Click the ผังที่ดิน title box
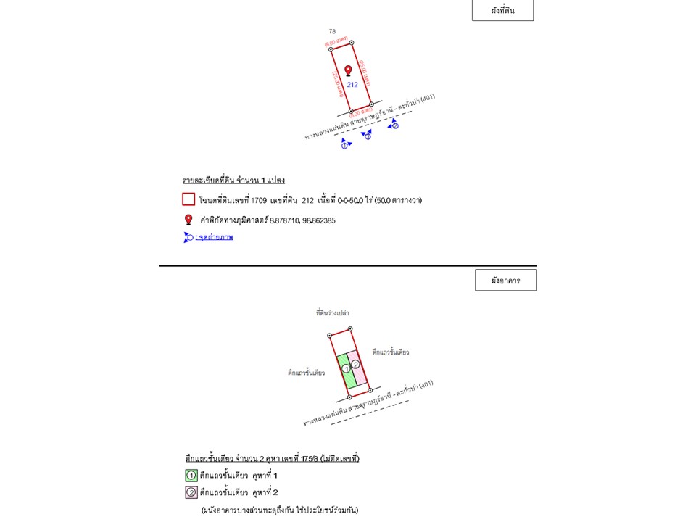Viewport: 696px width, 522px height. coord(502,10)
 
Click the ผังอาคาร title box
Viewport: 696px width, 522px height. coord(505,280)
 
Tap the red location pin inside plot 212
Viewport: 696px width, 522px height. coord(348,70)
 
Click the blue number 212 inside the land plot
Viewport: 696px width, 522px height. coord(352,85)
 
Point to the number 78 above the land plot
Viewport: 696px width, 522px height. coord(332,31)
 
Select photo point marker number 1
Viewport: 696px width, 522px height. coord(345,145)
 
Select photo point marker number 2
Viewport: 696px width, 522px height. coord(394,125)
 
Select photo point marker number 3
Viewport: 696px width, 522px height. coord(368,136)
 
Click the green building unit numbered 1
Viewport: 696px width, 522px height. coord(346,368)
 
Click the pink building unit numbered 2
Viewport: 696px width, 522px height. coord(356,364)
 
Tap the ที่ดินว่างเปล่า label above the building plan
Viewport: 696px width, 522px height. coord(332,312)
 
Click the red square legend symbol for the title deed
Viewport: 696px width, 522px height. coord(188,199)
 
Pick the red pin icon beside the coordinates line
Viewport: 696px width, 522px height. coord(188,220)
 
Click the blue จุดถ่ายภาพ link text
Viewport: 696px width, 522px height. coord(216,237)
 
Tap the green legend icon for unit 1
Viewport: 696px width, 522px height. coord(191,476)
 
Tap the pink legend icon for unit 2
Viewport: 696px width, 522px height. coord(191,493)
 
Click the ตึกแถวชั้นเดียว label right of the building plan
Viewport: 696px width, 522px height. coord(390,352)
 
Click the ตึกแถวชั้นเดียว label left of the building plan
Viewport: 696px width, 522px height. coord(306,373)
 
